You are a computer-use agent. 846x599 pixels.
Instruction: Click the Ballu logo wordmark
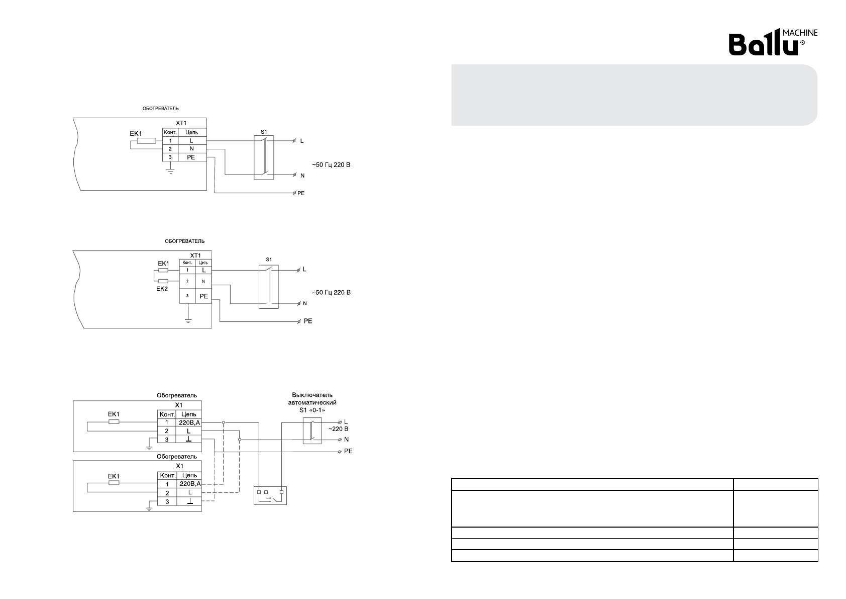(x=764, y=45)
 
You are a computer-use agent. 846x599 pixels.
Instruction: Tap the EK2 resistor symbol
(x=163, y=281)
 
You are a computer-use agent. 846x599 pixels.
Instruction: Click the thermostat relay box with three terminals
(x=270, y=495)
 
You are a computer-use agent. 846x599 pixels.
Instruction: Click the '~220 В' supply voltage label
(x=338, y=429)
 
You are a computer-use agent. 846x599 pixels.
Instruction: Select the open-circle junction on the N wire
(x=240, y=440)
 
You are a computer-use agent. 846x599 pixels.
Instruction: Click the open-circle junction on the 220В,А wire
(x=224, y=423)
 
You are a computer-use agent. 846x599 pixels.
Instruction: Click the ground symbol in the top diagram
(x=171, y=172)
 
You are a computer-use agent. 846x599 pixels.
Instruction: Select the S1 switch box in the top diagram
(x=264, y=157)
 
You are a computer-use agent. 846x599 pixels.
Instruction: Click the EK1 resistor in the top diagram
(x=147, y=141)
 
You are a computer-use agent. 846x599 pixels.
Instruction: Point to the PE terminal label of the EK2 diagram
(x=307, y=321)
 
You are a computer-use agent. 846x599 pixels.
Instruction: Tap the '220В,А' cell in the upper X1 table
(x=189, y=423)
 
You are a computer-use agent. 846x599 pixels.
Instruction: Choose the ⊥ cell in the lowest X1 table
(x=189, y=502)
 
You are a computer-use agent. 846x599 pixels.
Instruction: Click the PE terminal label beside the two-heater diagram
(x=348, y=451)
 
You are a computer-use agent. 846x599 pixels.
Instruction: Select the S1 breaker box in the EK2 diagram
(x=268, y=286)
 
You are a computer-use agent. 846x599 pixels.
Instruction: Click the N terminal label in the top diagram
(x=302, y=176)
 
